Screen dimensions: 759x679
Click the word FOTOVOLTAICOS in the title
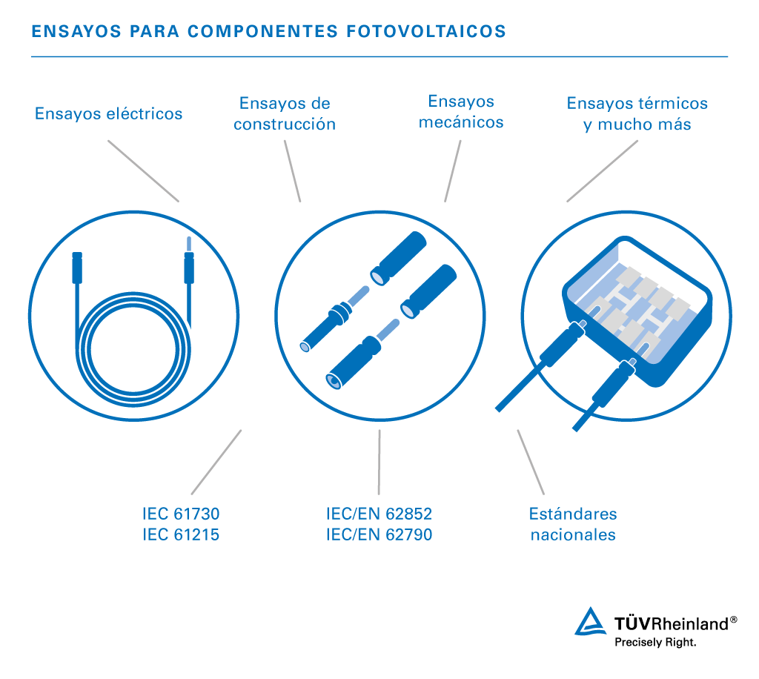click(x=426, y=31)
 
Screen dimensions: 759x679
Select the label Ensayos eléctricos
click(x=108, y=113)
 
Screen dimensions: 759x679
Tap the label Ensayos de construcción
click(x=285, y=113)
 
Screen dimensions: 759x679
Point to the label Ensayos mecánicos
click(x=461, y=112)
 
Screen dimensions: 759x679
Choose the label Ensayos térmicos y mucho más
click(x=637, y=113)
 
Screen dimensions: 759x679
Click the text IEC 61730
click(x=181, y=514)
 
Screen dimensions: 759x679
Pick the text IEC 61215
click(x=181, y=534)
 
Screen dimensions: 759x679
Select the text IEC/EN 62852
click(x=379, y=514)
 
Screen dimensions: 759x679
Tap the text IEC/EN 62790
click(x=379, y=534)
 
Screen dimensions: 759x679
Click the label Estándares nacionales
click(x=573, y=524)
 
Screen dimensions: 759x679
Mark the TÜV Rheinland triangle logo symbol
click(x=590, y=621)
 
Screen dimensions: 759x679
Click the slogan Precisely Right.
click(x=655, y=643)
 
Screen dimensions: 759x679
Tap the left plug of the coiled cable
click(x=77, y=268)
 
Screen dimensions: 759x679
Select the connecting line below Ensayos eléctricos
click(x=143, y=170)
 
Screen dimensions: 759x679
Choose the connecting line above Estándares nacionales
click(x=531, y=462)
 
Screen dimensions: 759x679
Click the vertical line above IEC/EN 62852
click(x=379, y=462)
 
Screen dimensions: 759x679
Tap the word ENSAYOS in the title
click(x=76, y=31)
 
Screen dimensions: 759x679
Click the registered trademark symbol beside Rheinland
click(x=733, y=620)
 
